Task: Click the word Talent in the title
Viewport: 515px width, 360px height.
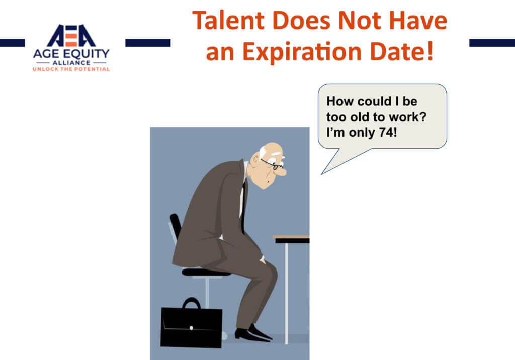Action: [228, 21]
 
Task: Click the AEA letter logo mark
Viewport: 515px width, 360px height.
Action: [71, 36]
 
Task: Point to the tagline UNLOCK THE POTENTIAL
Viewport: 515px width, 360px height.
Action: [71, 69]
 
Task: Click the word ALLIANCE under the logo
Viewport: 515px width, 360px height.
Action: [71, 63]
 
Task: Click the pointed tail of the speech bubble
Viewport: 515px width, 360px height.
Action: [322, 174]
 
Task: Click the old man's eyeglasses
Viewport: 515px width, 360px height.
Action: [272, 164]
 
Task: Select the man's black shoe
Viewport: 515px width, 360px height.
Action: [253, 334]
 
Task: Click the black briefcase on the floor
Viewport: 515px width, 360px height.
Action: [191, 325]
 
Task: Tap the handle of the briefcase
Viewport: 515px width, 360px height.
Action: [191, 303]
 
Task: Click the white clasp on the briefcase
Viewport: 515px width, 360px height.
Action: [191, 328]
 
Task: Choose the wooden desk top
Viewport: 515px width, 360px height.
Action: [291, 237]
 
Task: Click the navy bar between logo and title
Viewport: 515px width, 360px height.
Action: [148, 43]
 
